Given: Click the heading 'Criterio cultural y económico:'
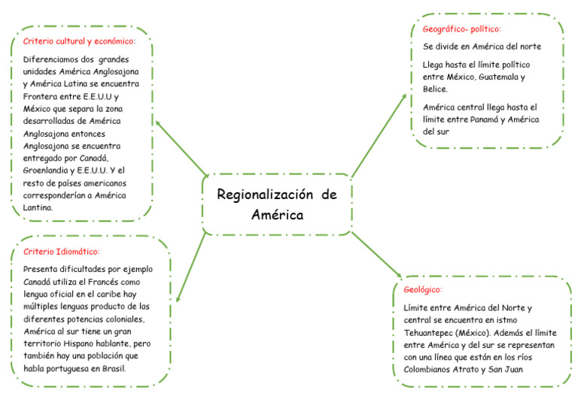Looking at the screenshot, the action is tap(79, 41).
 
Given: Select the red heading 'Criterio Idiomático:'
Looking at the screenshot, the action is tap(62, 252).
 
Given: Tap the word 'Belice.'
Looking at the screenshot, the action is tap(436, 89).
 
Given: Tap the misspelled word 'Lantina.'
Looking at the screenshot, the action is tap(38, 207).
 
